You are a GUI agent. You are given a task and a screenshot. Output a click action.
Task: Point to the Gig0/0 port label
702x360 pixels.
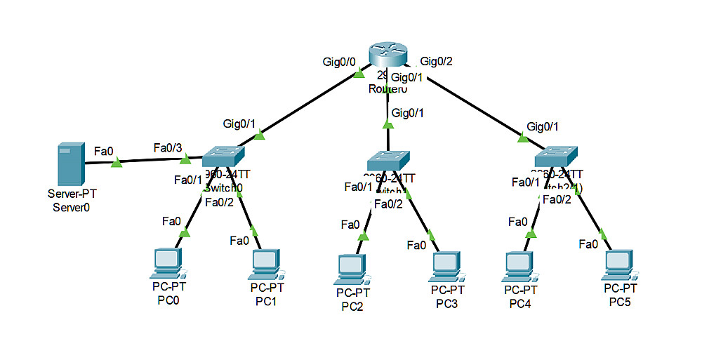point(340,62)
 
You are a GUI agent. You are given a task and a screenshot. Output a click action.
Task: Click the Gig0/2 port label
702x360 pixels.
point(436,62)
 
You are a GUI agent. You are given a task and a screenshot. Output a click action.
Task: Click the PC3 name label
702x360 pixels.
point(447,303)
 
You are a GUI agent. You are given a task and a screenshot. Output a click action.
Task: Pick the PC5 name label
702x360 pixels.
point(620,302)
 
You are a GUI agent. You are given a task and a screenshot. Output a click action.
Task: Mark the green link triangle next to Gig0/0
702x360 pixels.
point(359,72)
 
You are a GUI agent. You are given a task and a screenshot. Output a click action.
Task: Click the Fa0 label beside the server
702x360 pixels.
point(104,149)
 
